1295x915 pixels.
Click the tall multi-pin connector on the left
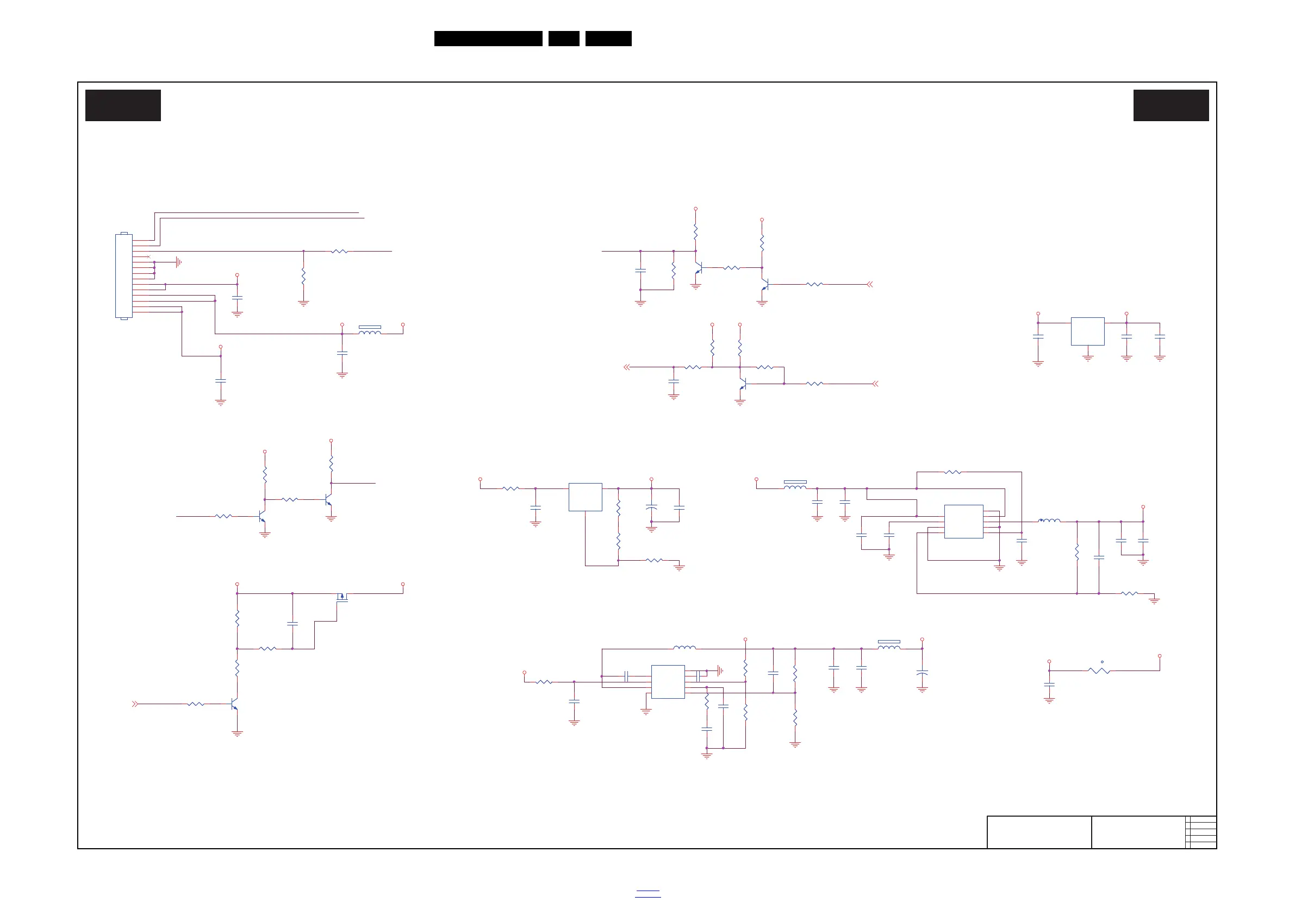pyautogui.click(x=123, y=276)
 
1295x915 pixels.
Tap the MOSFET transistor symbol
pyautogui.click(x=342, y=597)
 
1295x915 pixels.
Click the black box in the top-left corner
pyautogui.click(x=123, y=105)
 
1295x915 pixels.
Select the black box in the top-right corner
pyautogui.click(x=1171, y=105)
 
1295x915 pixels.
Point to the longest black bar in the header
pyautogui.click(x=488, y=39)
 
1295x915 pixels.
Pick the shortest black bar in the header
pyautogui.click(x=563, y=39)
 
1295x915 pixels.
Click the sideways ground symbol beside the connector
pyautogui.click(x=178, y=262)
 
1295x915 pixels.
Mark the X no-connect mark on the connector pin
pyautogui.click(x=149, y=256)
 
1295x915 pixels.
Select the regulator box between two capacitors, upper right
pyautogui.click(x=1087, y=331)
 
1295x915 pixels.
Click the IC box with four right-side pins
pyautogui.click(x=963, y=522)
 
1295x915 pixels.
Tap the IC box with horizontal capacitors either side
pyautogui.click(x=668, y=681)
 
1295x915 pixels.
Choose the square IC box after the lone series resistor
pyautogui.click(x=585, y=497)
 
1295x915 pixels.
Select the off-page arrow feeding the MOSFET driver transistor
pyautogui.click(x=135, y=704)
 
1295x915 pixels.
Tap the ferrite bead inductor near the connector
pyautogui.click(x=370, y=332)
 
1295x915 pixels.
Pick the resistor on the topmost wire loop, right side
pyautogui.click(x=952, y=472)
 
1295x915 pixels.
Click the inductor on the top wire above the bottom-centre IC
pyautogui.click(x=684, y=648)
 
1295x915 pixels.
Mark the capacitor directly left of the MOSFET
pyautogui.click(x=292, y=624)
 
